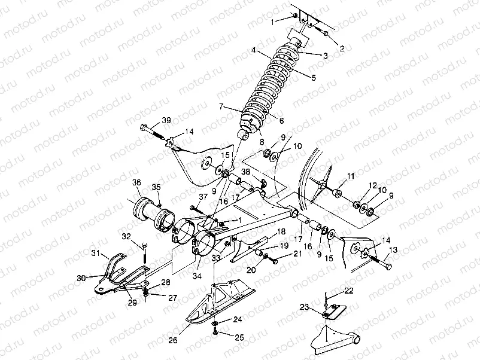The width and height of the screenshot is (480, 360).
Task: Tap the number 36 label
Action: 136,182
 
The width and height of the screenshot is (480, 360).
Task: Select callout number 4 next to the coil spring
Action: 254,51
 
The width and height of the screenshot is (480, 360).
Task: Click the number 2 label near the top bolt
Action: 342,48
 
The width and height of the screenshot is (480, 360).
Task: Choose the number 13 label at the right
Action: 393,250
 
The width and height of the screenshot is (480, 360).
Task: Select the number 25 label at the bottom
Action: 239,338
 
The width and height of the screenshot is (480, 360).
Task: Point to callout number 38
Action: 245,171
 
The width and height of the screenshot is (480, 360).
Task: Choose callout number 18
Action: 281,231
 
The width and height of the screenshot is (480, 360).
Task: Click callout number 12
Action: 372,185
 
